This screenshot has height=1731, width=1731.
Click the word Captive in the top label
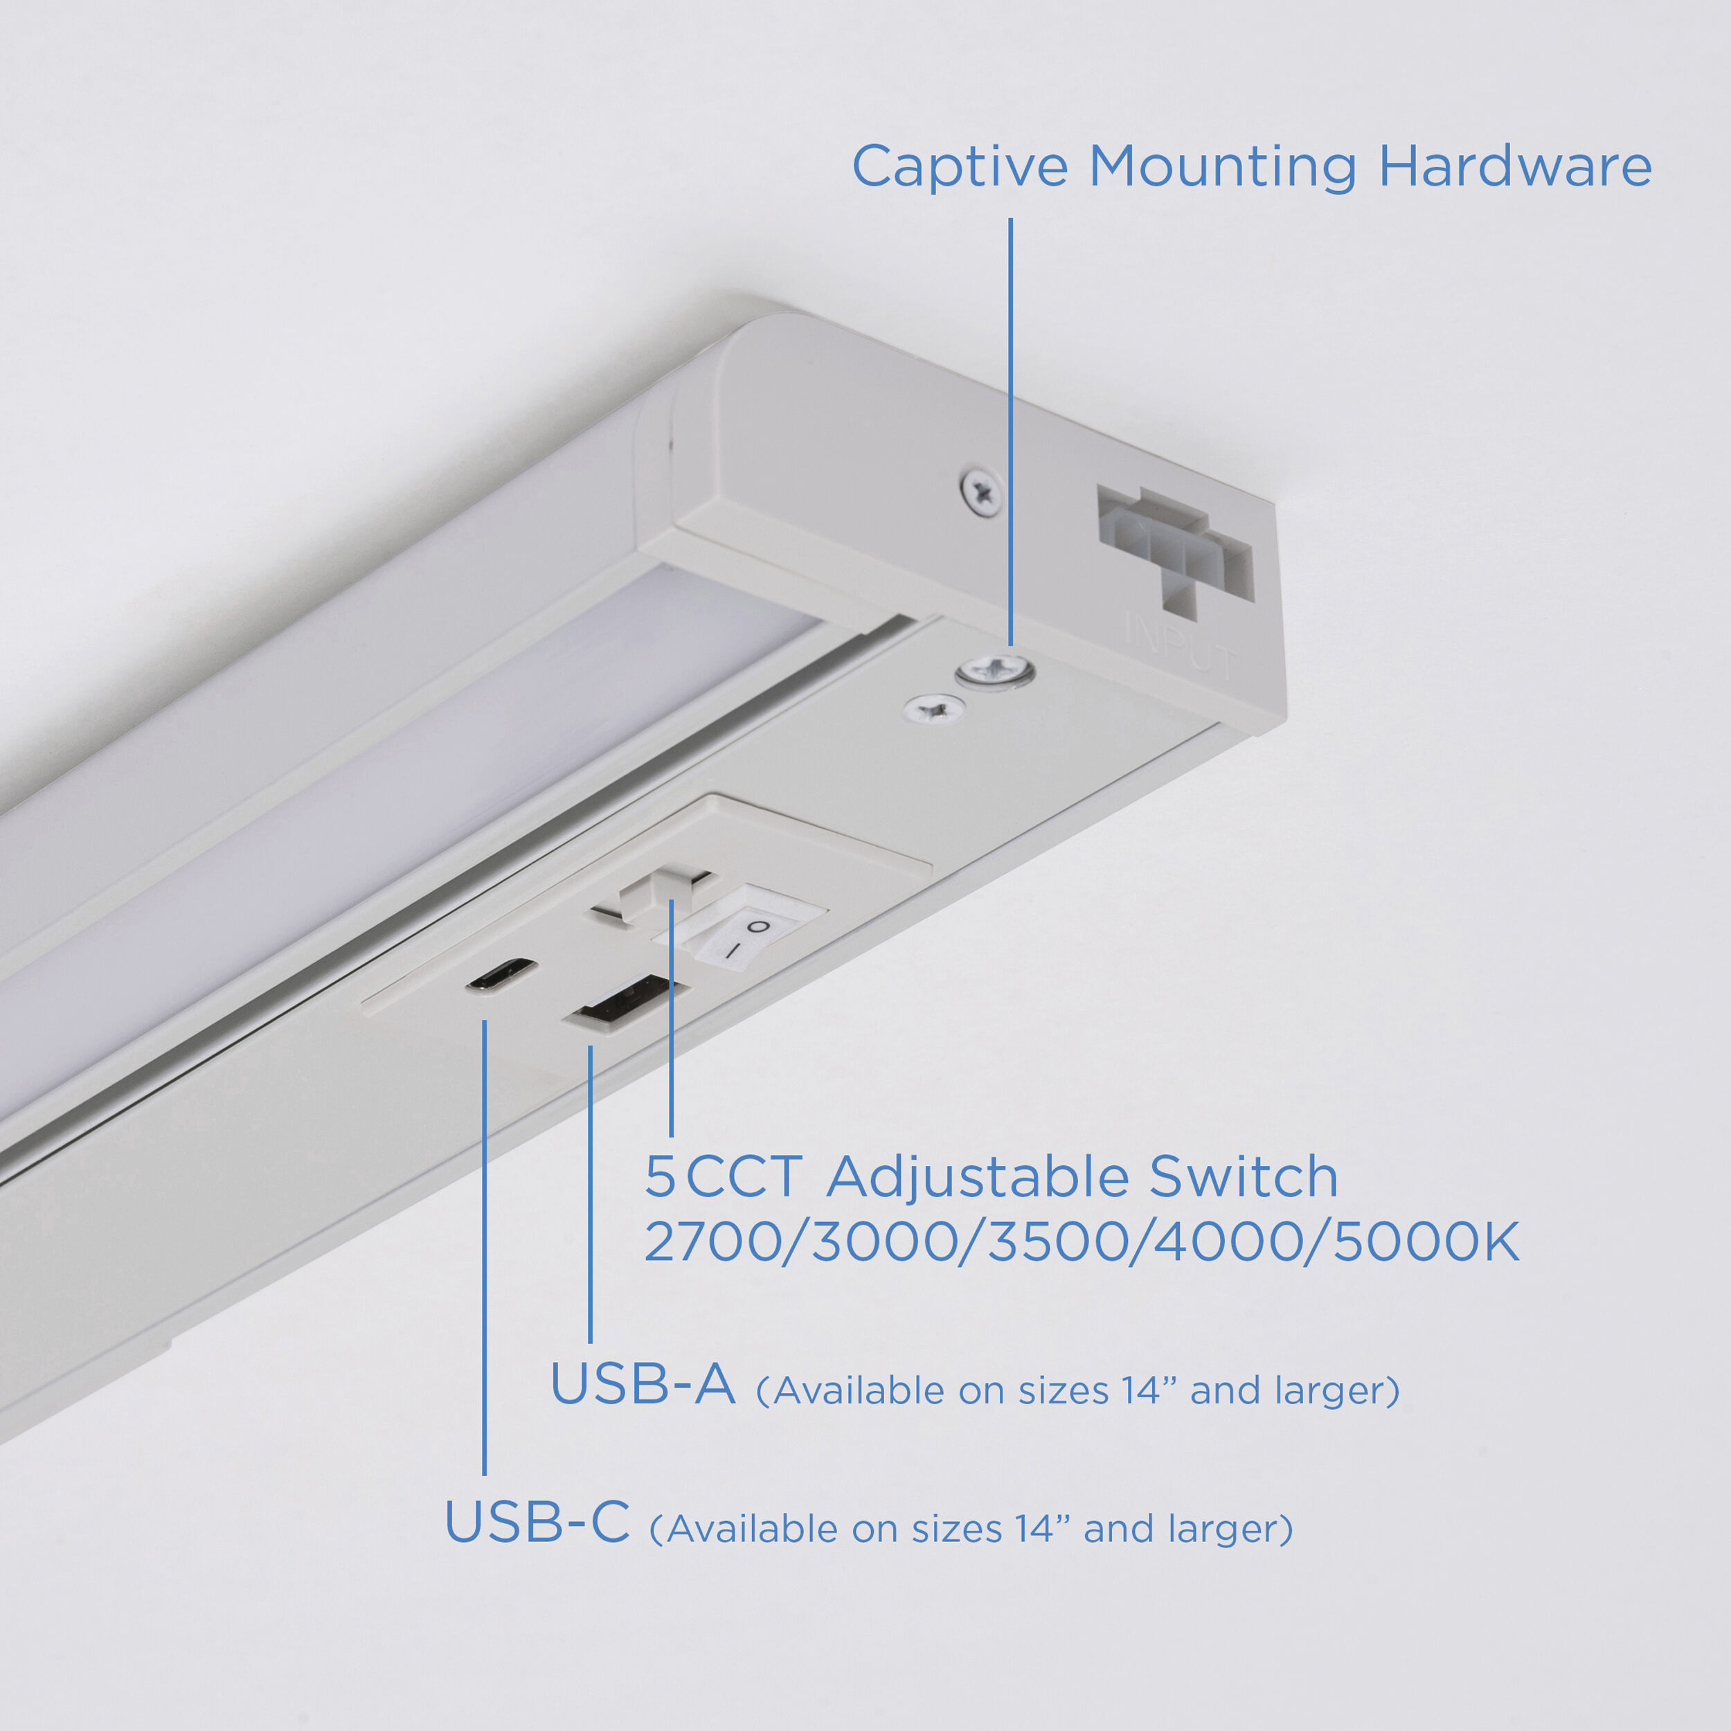959,168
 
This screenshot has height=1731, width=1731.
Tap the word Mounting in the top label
1222,168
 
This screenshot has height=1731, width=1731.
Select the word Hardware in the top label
1514,168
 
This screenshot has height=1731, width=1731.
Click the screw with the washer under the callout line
994,670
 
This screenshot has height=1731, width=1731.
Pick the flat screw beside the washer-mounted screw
935,710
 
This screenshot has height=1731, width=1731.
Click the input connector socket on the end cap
1174,548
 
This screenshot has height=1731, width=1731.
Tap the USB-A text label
643,1384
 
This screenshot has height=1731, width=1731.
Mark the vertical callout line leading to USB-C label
485,1255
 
